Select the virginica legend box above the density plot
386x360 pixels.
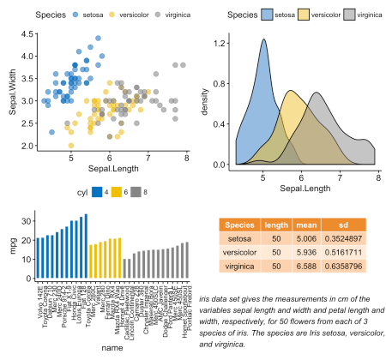(x=348, y=15)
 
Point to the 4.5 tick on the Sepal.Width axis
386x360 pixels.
(x=28, y=34)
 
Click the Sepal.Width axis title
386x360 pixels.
(x=10, y=90)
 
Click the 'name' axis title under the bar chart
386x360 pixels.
(x=110, y=347)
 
